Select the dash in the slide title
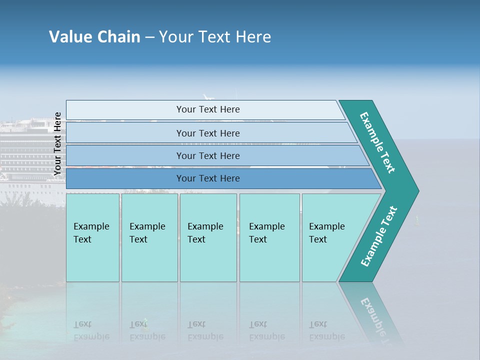click(149, 37)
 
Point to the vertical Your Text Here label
click(57, 144)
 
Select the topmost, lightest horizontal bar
click(205, 109)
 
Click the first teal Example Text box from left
click(92, 237)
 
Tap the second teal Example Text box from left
click(149, 237)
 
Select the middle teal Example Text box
click(208, 237)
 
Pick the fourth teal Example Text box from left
click(269, 237)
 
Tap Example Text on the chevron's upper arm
click(377, 143)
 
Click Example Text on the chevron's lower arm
click(378, 236)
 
